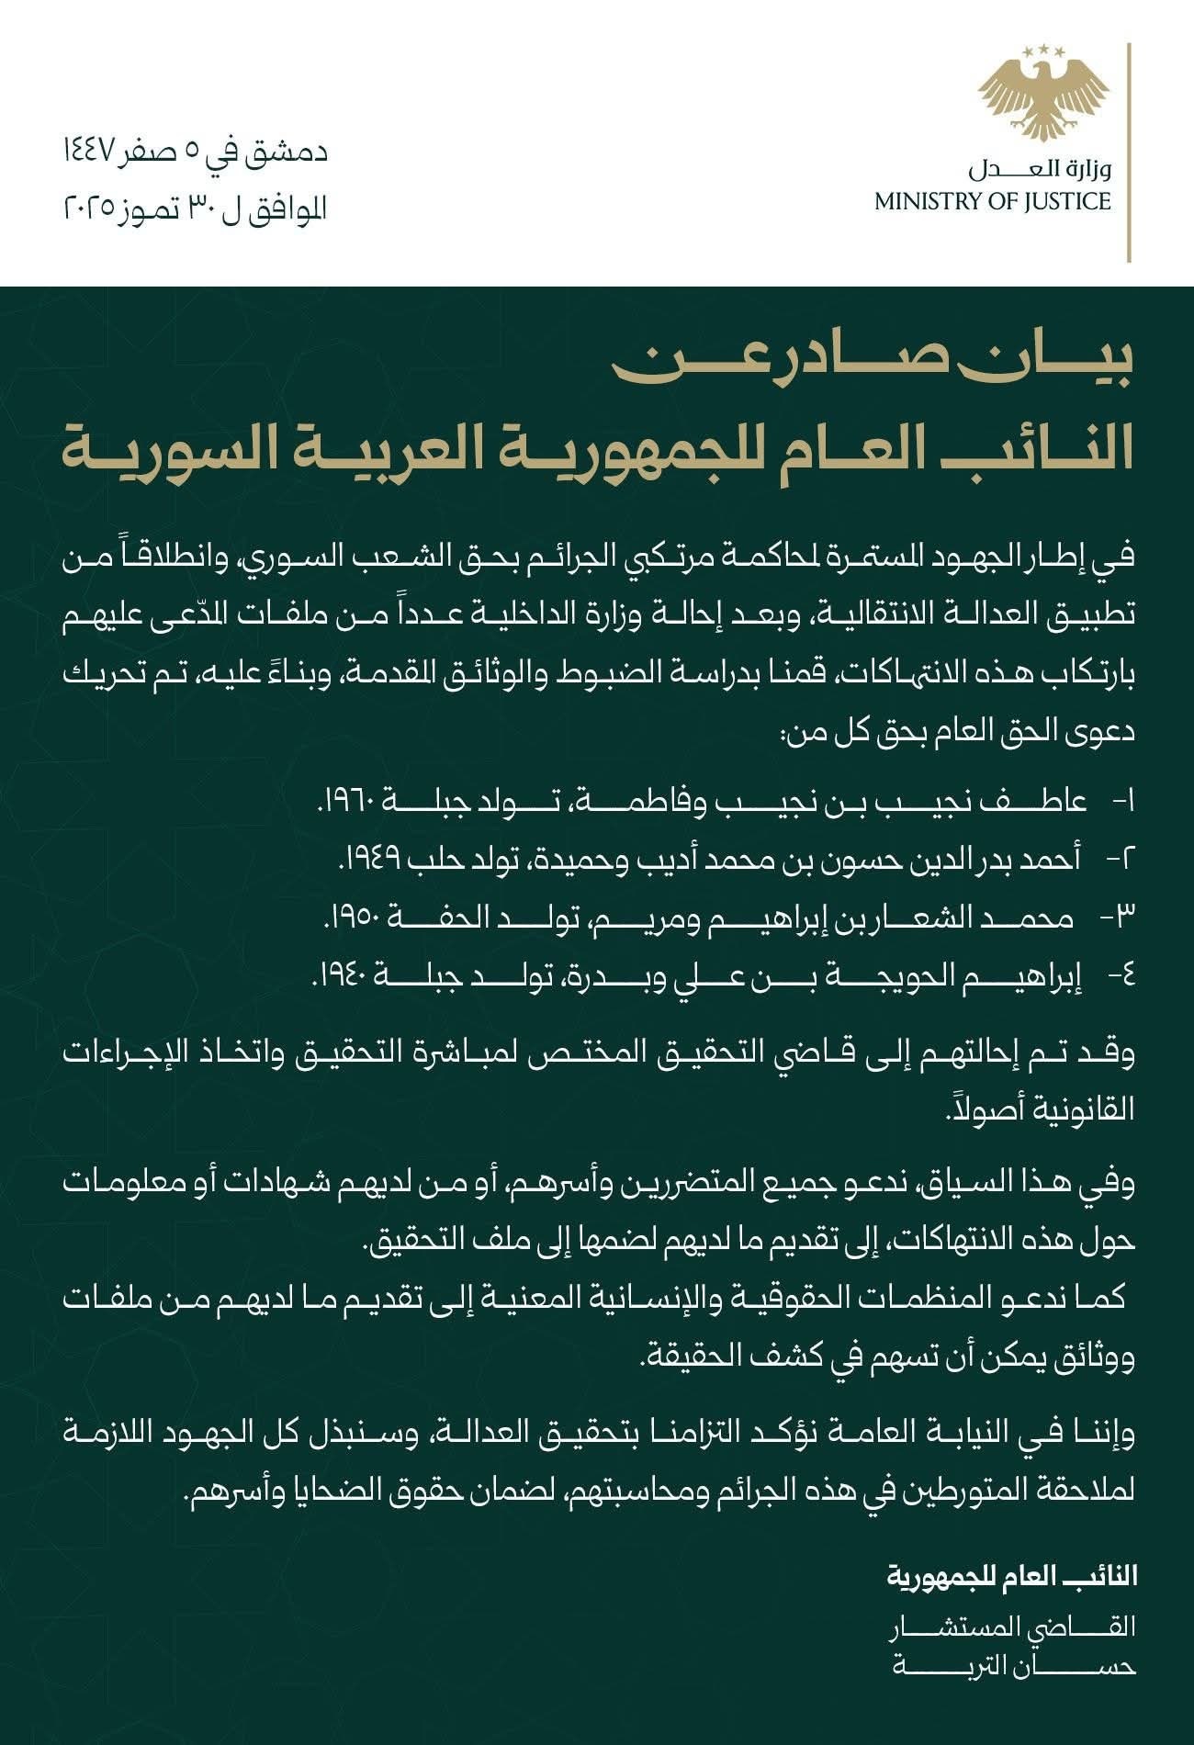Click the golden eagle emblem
coord(1044,101)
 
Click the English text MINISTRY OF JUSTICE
coord(993,202)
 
